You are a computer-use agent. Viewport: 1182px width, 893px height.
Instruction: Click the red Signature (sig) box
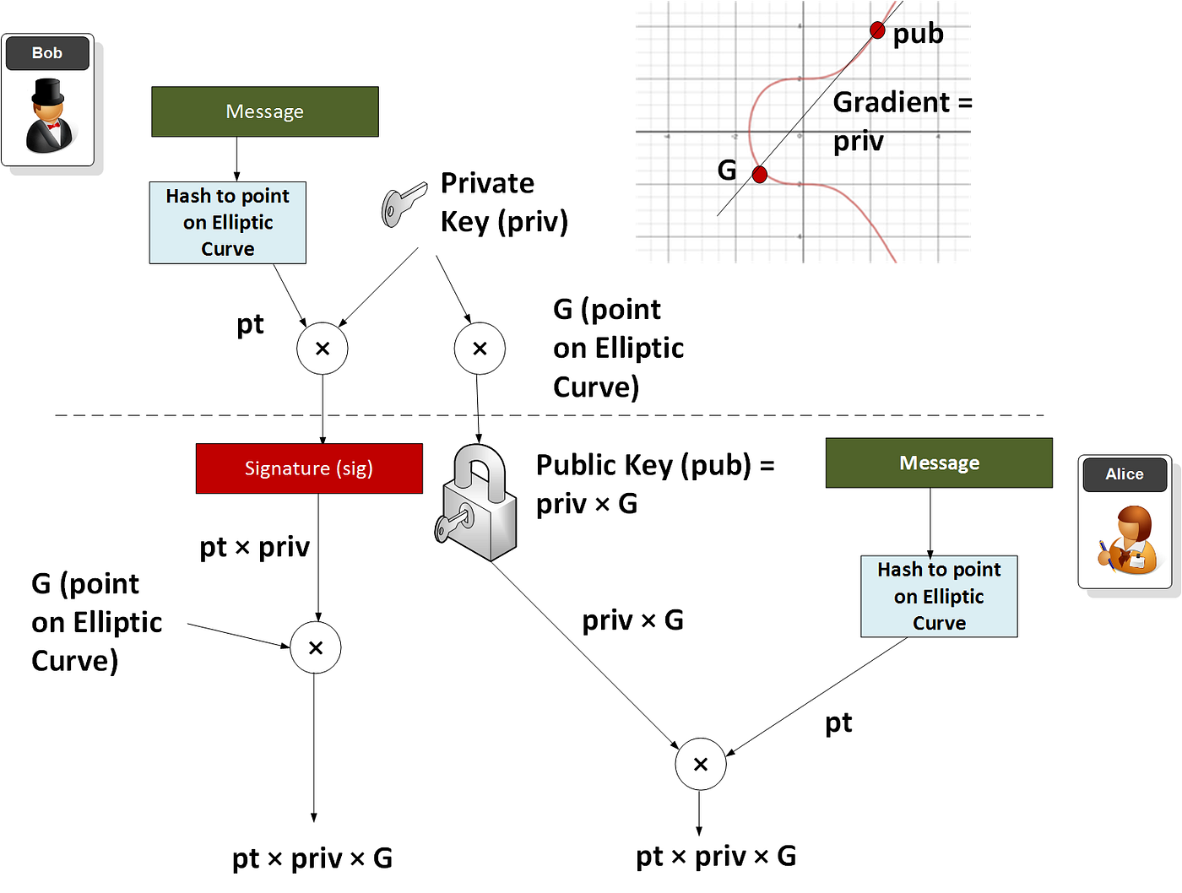[309, 468]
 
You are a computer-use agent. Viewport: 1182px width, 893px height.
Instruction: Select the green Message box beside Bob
[264, 111]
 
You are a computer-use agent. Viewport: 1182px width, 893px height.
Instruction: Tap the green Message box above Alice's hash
[939, 463]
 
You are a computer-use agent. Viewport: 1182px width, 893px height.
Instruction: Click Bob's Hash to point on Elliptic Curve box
[227, 223]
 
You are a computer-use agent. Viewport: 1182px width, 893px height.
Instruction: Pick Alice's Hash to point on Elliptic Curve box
[939, 596]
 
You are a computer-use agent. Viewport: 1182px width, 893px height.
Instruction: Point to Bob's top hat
[47, 91]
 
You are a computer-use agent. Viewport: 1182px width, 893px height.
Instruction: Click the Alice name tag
[1124, 474]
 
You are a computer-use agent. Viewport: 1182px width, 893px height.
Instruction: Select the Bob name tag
[47, 53]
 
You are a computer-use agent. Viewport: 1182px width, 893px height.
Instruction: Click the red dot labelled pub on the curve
[877, 31]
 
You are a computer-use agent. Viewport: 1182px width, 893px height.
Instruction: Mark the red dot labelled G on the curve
[759, 175]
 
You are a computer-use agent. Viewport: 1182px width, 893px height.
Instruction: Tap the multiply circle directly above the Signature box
[323, 349]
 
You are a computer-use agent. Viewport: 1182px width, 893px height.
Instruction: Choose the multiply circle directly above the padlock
[480, 349]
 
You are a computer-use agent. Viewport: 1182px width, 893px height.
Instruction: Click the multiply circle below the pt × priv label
[316, 647]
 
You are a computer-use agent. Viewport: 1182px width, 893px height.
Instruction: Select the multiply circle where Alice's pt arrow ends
[700, 764]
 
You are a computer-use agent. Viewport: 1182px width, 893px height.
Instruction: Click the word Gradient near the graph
[892, 102]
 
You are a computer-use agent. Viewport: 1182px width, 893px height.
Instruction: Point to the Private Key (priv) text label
[504, 203]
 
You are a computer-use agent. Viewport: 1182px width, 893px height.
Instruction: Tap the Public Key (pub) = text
[655, 465]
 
